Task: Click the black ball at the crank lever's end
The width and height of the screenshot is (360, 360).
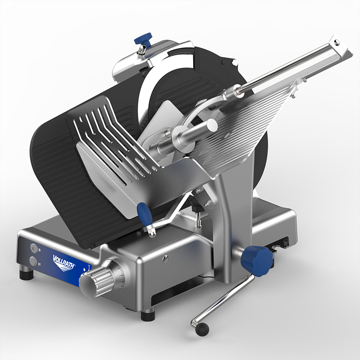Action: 202,328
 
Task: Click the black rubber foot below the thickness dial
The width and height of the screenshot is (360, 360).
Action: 148,315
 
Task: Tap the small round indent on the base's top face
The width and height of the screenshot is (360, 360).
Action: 166,257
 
